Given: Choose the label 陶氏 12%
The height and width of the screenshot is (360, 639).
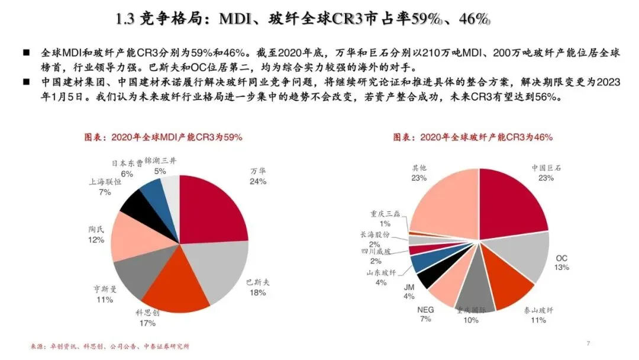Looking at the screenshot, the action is pos(96,234).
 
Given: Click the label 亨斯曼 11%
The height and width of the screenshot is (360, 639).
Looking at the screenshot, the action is pos(105,294).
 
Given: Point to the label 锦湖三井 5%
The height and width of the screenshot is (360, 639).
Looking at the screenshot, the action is pos(160,166).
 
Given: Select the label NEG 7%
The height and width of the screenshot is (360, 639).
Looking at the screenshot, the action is pos(425,314).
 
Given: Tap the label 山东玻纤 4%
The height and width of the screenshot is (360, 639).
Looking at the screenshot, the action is pos(381,277).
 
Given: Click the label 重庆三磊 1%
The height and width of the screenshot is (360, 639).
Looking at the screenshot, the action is pos(385,218).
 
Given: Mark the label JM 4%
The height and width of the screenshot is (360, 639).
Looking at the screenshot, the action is pos(409,292).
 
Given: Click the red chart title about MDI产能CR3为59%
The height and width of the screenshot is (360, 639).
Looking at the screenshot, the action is pos(163,137).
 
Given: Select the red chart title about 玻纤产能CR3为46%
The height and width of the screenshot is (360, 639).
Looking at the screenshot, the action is pos(473,137).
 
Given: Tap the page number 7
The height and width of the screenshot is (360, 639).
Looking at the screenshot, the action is pos(588,343).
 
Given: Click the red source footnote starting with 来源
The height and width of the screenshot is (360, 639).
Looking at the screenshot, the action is pos(109,346).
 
